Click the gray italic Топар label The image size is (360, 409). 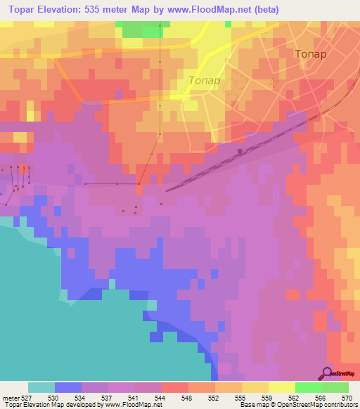tap(204, 80)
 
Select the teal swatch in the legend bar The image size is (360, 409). tap(41, 387)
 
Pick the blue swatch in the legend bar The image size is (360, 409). tap(68, 387)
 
